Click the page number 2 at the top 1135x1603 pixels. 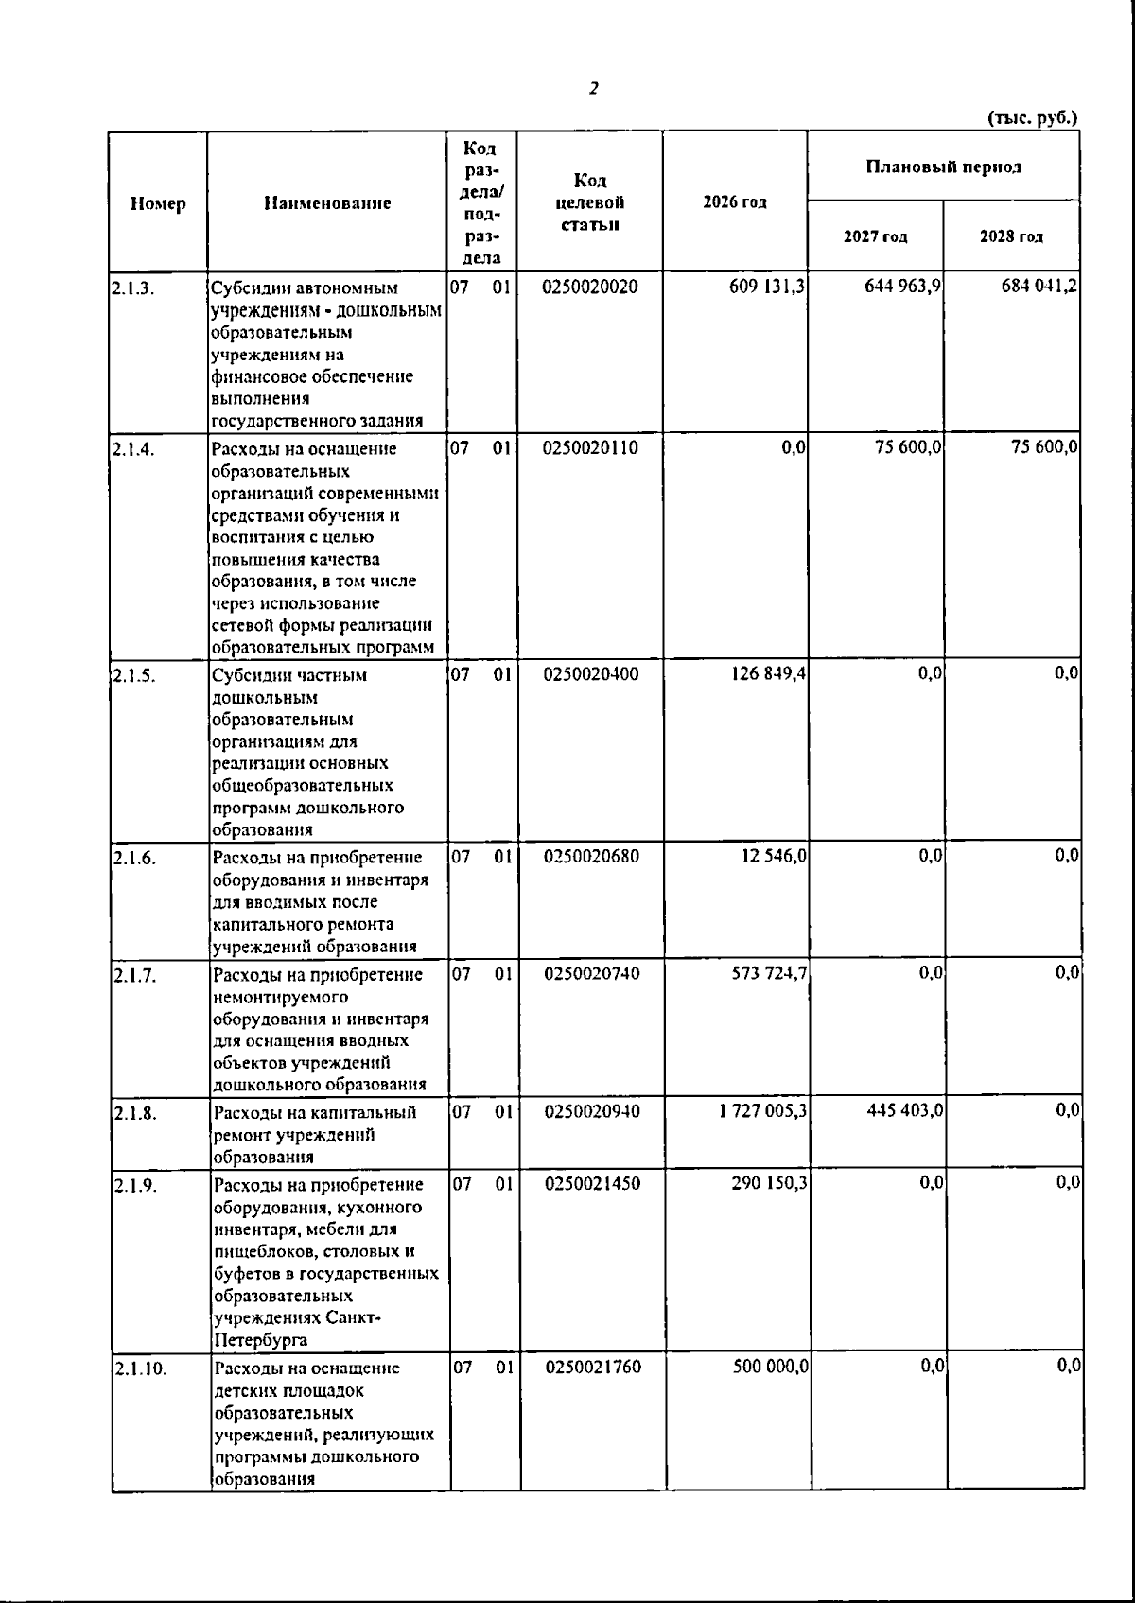point(593,90)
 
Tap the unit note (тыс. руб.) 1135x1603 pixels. point(1032,118)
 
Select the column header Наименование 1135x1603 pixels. point(327,202)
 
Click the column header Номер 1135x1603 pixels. point(158,203)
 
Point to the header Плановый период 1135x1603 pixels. point(943,167)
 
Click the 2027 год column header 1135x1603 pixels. point(876,236)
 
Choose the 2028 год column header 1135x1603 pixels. point(1011,236)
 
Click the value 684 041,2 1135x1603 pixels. point(1039,287)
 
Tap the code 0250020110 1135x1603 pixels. point(590,447)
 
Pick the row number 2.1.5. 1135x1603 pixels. point(133,675)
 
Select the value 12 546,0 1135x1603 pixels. point(774,857)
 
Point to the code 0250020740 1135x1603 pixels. point(591,974)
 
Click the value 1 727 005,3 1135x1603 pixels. point(762,1111)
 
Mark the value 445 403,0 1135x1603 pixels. point(904,1111)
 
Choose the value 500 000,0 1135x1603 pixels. point(770,1367)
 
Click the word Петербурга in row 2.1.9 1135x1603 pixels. point(260,1340)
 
